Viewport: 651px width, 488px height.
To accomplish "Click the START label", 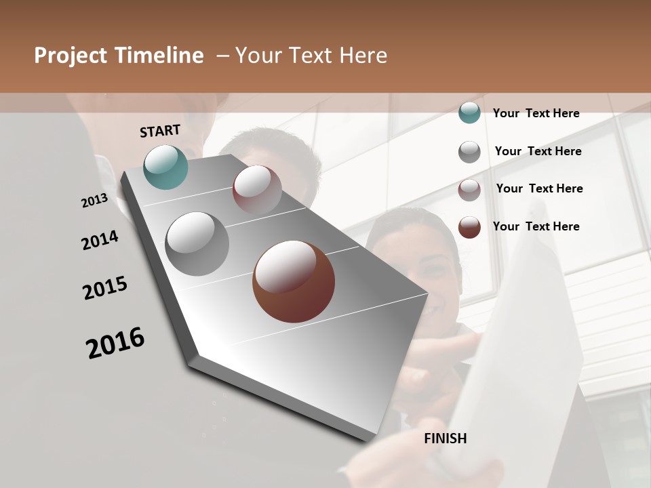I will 160,131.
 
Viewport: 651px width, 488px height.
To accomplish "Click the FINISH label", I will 445,439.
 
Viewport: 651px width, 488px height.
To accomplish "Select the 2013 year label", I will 94,201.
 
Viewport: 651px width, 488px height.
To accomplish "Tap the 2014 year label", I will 100,241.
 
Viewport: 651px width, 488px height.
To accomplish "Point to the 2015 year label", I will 105,288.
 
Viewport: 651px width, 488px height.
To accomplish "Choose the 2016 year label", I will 115,343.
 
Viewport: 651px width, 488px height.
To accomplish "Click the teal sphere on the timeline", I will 166,167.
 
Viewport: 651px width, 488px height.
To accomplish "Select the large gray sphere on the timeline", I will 197,244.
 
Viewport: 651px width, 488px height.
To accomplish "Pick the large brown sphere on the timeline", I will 294,281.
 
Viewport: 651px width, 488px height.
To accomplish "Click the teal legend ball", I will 469,113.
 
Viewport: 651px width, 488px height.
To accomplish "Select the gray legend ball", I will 469,152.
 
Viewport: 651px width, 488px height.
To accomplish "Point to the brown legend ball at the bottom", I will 469,227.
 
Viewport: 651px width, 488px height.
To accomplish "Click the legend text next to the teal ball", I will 536,113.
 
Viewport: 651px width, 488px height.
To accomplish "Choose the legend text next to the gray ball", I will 538,151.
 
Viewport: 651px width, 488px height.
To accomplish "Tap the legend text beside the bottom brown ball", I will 536,226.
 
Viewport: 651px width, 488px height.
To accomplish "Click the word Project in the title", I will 71,56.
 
